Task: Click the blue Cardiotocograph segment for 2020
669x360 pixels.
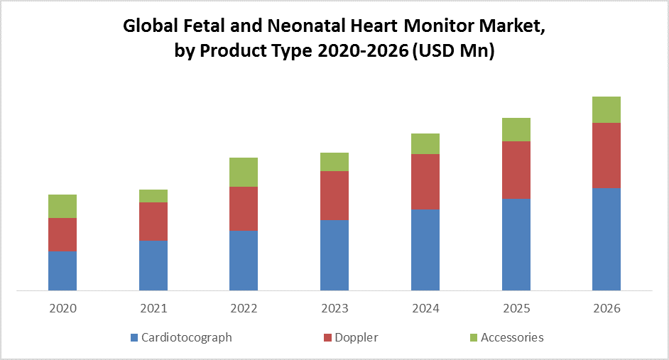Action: pos(62,271)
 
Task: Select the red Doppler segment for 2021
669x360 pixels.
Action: pos(153,222)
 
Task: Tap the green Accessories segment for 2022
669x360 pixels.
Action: pos(244,172)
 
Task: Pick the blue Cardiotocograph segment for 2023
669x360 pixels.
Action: pos(334,255)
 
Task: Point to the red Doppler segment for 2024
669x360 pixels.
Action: pos(425,182)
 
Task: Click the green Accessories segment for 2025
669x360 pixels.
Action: pos(516,129)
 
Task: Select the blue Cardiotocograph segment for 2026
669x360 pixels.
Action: pos(607,239)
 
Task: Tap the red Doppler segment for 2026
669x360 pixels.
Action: pos(607,156)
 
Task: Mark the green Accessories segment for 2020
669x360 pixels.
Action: pos(62,206)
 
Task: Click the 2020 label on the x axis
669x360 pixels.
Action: pos(62,309)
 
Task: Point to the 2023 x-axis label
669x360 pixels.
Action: pos(334,309)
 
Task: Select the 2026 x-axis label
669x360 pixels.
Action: pos(607,309)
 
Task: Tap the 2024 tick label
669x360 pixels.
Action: pos(425,309)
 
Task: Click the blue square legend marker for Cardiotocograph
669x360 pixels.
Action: pos(134,337)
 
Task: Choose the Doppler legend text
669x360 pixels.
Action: pos(357,337)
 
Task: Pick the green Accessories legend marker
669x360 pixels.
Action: pos(474,337)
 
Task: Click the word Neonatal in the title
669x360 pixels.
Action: pos(299,28)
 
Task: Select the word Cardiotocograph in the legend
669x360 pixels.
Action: pos(186,337)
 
